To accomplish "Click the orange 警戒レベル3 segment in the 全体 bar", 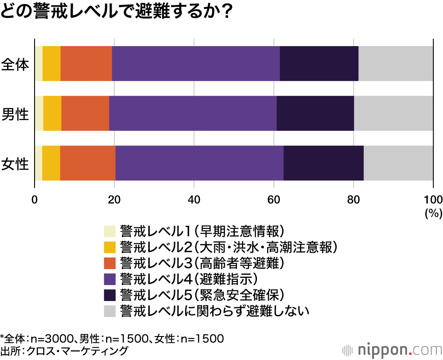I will (86, 63).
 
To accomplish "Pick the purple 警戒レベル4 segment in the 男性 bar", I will (193, 113).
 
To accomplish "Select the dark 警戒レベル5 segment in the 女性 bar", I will (323, 163).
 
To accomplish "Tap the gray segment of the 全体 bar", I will (396, 63).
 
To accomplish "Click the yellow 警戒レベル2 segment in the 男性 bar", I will (52, 113).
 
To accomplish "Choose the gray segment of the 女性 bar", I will (398, 163).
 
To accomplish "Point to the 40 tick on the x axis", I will (194, 199).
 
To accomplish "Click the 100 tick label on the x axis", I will (433, 199).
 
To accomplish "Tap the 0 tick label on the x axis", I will (35, 199).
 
